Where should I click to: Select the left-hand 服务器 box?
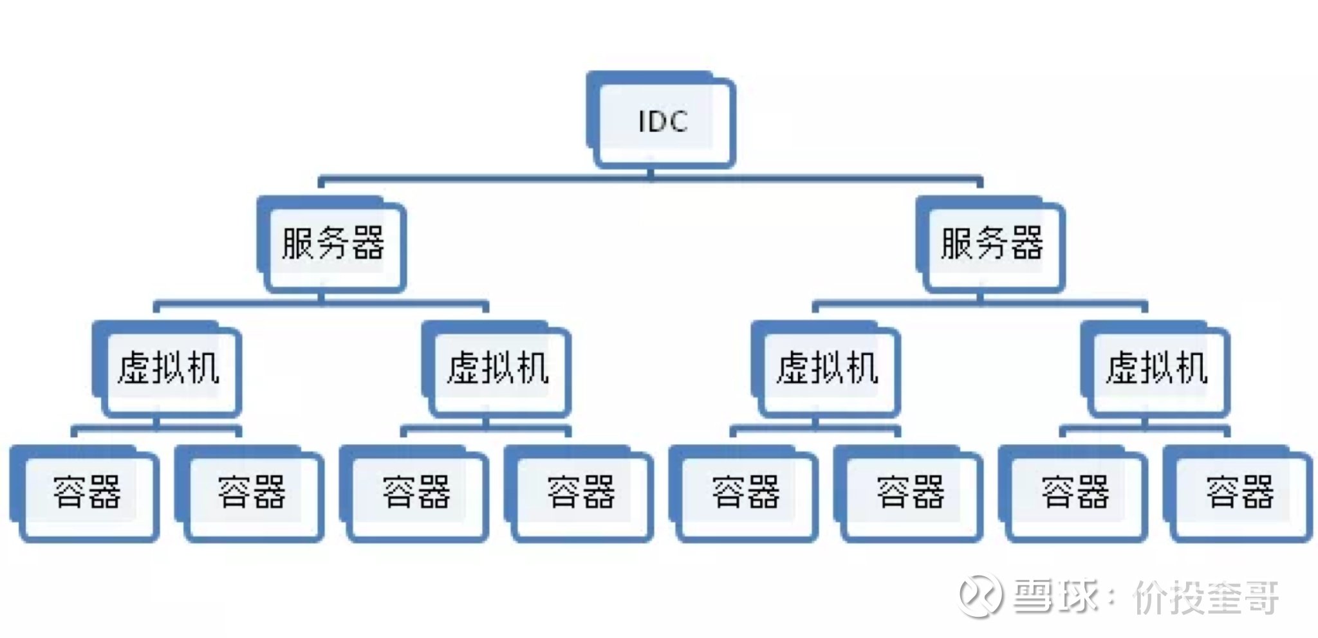333,244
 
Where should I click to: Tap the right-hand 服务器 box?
992,244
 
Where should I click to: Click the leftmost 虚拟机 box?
169,369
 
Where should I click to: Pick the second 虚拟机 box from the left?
498,369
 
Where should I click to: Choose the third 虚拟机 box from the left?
828,369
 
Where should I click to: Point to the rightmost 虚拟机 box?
1157,369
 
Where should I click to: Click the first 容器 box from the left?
86,493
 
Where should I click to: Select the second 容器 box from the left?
251,493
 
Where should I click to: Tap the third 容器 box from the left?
416,493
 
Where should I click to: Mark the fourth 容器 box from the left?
580,493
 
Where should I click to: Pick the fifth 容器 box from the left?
745,493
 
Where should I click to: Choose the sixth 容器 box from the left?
910,493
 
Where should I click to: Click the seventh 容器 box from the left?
1075,493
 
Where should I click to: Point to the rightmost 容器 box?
1239,493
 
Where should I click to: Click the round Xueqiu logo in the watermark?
980,596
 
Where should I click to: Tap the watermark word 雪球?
1055,596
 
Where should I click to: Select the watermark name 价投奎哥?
1205,597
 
